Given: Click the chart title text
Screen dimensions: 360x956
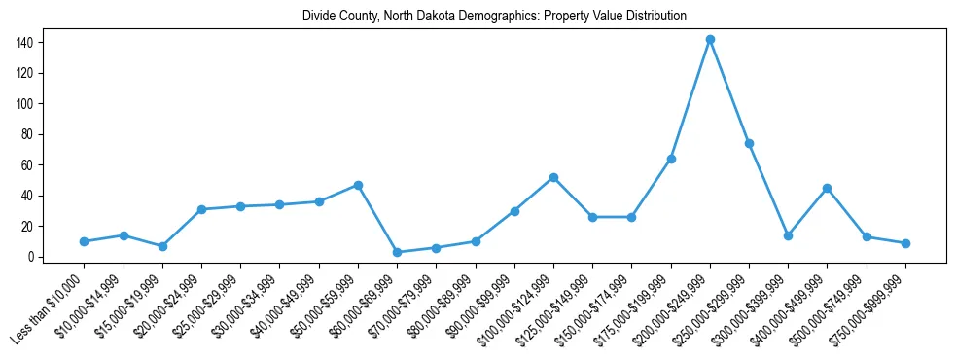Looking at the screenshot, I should [x=494, y=16].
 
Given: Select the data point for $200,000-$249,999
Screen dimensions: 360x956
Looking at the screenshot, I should [x=710, y=39].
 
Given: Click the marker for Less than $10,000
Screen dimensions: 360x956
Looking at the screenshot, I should [x=85, y=241].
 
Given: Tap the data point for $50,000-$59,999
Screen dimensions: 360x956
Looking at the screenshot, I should [x=358, y=185].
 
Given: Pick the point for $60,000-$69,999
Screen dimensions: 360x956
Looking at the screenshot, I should [x=397, y=252].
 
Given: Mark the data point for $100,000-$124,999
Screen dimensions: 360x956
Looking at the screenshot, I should [x=553, y=177].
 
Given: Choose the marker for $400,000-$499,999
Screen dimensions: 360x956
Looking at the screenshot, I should [x=827, y=188].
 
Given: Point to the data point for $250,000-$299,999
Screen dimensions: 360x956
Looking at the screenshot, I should [x=749, y=143].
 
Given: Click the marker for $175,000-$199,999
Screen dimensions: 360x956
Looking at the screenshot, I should [x=671, y=159].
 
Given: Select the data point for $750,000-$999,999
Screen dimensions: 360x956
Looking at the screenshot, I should [x=905, y=243].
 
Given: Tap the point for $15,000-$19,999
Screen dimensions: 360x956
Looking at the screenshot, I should [x=162, y=246].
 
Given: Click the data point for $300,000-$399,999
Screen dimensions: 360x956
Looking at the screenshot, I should [x=788, y=235].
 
